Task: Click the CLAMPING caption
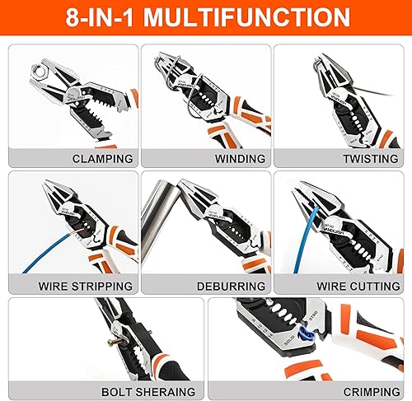pyautogui.click(x=102, y=158)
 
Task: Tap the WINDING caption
pyautogui.click(x=239, y=158)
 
